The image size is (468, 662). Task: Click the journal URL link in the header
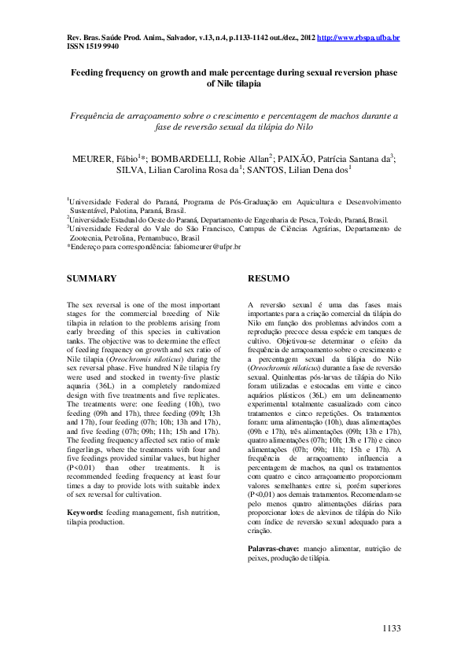[x=358, y=37]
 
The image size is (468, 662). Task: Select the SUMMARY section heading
[x=92, y=278]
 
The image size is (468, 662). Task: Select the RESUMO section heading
[x=269, y=278]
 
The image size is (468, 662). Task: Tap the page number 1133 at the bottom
[x=391, y=629]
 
